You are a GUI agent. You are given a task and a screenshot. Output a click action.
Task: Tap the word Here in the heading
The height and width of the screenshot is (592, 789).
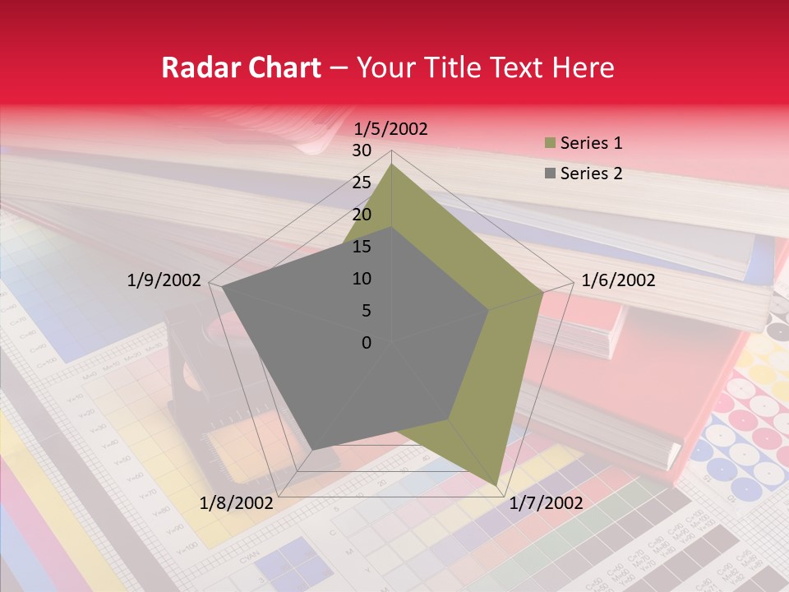coord(583,67)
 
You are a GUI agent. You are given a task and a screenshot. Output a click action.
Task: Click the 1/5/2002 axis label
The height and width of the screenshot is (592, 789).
coord(390,128)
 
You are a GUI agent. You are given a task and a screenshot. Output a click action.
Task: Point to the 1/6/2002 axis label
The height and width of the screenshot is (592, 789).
coord(618,280)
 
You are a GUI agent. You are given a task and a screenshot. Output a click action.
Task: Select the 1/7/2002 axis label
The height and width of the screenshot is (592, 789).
coord(546,502)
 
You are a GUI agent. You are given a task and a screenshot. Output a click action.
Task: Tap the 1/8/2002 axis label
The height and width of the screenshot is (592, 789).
coord(237,502)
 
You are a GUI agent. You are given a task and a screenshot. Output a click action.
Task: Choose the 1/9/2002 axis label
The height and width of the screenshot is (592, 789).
coord(164,280)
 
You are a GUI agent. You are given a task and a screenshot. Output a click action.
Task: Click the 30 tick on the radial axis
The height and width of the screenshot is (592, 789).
coord(362,150)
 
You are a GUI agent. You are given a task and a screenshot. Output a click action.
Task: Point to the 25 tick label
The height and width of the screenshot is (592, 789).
coord(362,183)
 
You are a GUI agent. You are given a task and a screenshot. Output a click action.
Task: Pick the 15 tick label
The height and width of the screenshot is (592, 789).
coord(362,247)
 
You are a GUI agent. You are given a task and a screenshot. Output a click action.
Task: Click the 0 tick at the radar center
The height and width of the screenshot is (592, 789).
coord(367,343)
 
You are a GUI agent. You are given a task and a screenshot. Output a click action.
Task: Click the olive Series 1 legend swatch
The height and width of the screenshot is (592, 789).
coord(550,143)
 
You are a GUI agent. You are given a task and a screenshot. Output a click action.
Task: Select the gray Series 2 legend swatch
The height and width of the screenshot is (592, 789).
coord(550,173)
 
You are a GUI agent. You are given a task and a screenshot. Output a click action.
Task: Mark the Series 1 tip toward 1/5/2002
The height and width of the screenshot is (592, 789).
coord(391,164)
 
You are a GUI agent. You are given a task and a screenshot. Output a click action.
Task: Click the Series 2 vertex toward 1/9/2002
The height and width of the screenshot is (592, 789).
coord(222,288)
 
